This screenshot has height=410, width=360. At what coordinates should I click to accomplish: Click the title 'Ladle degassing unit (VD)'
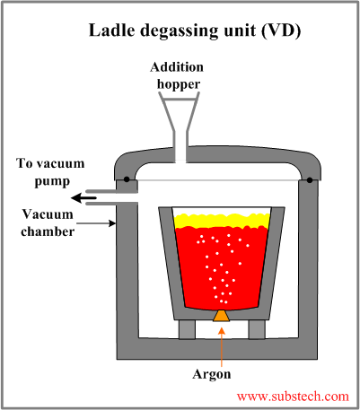(x=193, y=31)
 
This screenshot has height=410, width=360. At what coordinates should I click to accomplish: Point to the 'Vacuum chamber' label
(x=44, y=222)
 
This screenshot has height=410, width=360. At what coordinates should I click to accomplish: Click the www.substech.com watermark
(x=292, y=396)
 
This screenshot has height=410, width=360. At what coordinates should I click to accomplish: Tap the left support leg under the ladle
(x=187, y=329)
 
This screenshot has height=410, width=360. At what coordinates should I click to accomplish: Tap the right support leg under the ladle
(x=255, y=329)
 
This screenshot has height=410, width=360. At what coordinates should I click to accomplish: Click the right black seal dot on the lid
(x=311, y=180)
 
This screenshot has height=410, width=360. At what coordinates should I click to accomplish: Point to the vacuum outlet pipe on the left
(x=121, y=203)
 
